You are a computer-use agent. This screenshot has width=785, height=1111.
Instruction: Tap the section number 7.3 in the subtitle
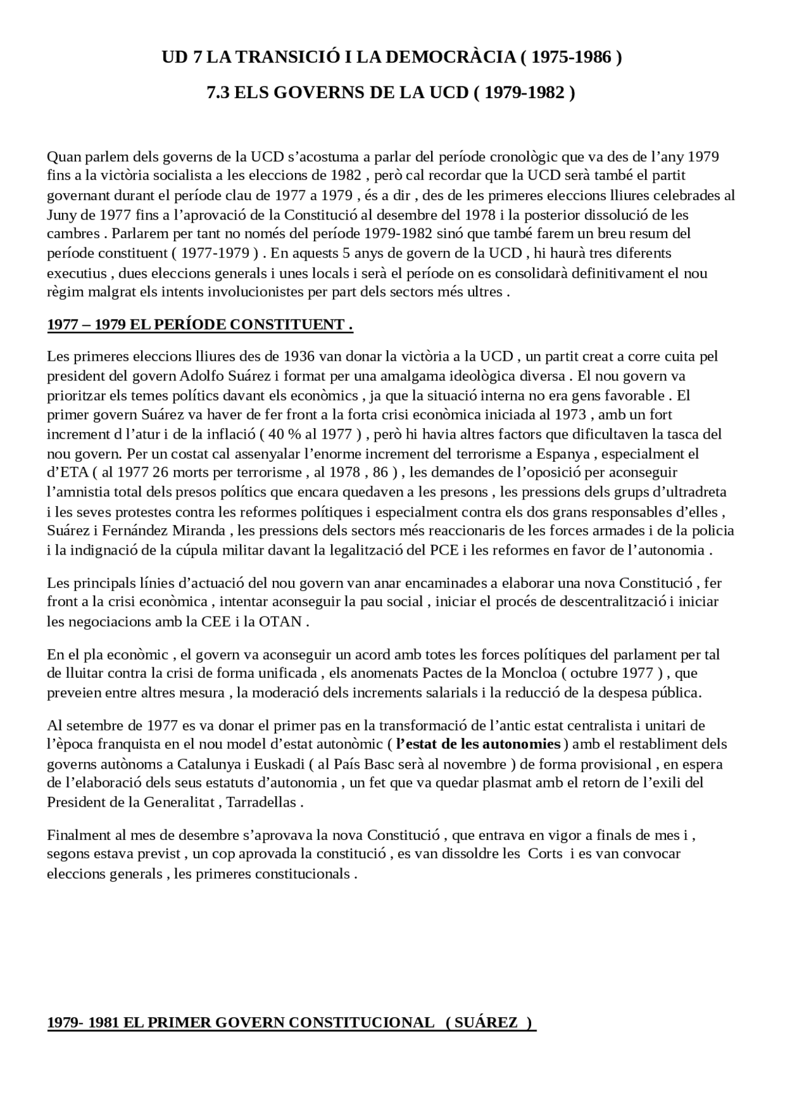click(x=219, y=93)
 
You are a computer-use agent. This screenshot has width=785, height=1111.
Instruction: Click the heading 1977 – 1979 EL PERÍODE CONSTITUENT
click(x=200, y=324)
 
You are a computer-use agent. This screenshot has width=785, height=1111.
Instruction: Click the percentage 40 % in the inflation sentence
click(x=284, y=434)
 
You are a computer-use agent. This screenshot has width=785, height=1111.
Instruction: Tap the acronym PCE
click(x=443, y=550)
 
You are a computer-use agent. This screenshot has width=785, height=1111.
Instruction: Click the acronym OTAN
click(x=280, y=621)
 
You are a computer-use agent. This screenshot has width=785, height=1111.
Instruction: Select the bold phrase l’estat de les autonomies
click(x=478, y=744)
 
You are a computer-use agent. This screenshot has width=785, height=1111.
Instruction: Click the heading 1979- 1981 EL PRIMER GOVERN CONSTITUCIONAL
click(x=241, y=1023)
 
